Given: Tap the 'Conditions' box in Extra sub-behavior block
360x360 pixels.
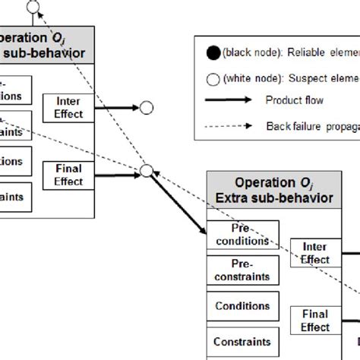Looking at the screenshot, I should [x=243, y=305].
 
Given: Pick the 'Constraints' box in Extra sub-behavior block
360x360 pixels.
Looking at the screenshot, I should [x=243, y=341].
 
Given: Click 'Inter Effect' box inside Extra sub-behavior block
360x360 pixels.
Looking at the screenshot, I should [x=315, y=253].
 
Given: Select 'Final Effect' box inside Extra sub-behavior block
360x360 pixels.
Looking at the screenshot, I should [x=315, y=320].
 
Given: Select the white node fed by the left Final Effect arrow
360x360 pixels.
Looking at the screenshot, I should [x=147, y=172].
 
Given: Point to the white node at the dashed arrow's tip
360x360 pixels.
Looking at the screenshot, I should [x=33, y=8].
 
